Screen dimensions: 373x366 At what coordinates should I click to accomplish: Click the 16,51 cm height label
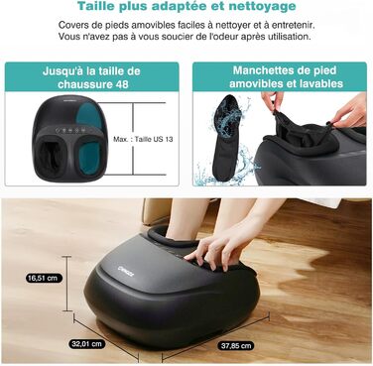(44, 278)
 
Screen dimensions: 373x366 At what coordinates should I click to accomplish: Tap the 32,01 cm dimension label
(88, 344)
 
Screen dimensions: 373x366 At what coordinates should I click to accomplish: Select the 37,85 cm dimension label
(236, 346)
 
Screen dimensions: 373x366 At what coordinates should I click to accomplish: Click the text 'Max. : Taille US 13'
(143, 139)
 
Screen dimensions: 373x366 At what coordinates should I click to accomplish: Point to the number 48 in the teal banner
(122, 84)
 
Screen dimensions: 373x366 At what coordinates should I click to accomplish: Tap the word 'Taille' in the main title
(96, 6)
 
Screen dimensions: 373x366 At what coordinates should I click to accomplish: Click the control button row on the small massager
(71, 130)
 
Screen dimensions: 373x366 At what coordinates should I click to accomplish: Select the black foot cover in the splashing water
(227, 139)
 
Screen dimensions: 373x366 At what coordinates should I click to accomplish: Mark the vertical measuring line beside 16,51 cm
(67, 284)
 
